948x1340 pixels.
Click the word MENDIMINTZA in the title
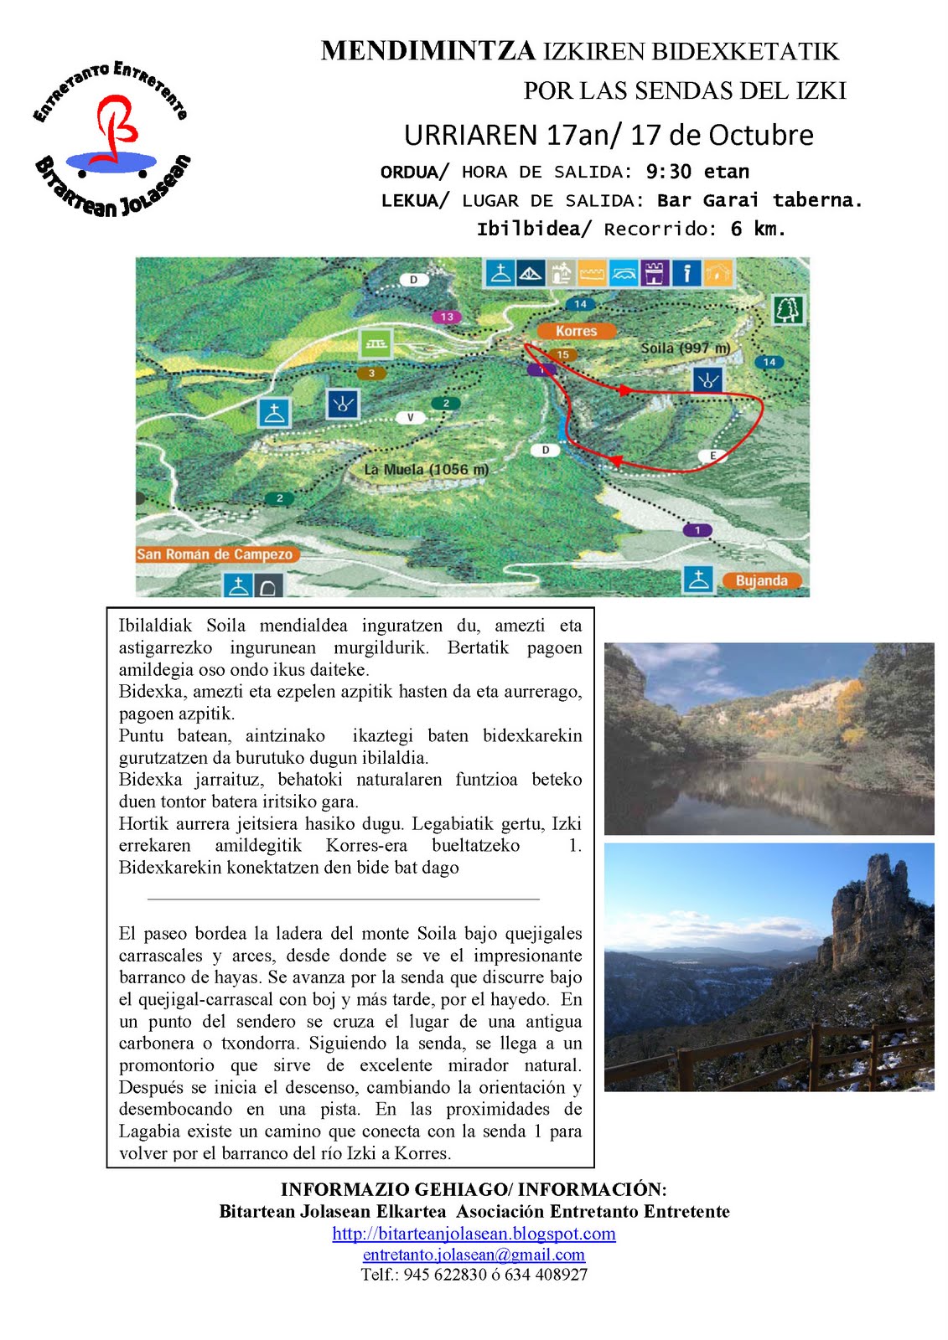427,51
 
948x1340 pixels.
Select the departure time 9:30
668,172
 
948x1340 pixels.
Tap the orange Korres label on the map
576,331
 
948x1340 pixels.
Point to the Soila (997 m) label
685,348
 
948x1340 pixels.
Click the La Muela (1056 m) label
426,470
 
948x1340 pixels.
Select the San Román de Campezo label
215,554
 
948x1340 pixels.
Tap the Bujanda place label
761,580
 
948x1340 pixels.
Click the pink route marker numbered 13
447,317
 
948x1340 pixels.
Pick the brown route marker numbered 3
371,374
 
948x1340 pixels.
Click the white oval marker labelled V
410,417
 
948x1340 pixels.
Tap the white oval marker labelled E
712,456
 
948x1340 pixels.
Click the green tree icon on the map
787,310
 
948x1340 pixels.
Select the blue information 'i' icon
686,273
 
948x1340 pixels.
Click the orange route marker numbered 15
562,355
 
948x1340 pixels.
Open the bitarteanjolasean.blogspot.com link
474,1234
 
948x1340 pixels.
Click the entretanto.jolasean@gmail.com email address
474,1255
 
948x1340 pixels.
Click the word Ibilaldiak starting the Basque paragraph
155,626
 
